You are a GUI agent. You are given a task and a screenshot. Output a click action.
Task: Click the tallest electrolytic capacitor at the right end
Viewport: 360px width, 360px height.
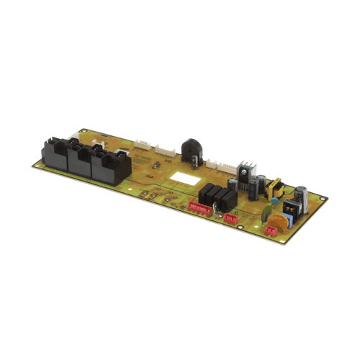[300, 198]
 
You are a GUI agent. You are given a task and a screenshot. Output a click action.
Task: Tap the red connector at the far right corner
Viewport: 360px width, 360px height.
[272, 230]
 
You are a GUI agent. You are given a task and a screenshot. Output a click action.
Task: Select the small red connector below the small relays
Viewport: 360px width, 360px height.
[230, 217]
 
